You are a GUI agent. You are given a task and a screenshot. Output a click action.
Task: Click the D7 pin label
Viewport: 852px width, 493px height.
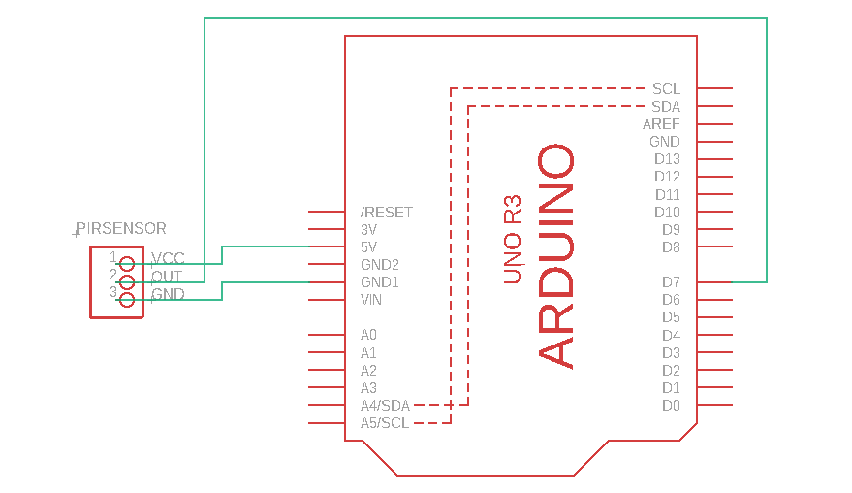coord(671,282)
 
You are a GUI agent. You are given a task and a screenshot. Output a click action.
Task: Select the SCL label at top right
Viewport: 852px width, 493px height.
coord(666,89)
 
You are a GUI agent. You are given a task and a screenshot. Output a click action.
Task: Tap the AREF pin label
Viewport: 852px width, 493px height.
coord(661,124)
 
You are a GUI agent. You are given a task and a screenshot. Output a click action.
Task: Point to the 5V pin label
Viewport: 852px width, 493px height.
coord(369,247)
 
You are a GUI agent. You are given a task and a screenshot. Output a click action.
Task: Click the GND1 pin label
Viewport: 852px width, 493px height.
coord(379,282)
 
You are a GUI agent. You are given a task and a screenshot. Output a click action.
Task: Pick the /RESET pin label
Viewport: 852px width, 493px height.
coord(386,213)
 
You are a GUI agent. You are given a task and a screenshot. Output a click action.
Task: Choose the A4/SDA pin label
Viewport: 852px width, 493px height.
coord(385,406)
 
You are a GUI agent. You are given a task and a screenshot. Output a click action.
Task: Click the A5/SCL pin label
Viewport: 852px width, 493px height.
coord(385,423)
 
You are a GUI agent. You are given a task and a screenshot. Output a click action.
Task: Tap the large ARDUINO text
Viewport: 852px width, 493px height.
coord(556,257)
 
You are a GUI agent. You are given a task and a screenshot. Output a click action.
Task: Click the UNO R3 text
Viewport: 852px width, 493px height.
coord(513,240)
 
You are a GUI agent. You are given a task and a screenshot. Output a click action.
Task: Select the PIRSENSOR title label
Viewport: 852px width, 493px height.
coord(121,229)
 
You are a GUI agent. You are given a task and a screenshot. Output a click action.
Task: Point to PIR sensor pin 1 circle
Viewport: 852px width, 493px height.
coord(126,263)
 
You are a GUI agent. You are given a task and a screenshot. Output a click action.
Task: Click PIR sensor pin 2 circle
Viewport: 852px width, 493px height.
coord(126,280)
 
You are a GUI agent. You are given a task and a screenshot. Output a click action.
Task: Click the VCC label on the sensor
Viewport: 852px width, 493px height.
coord(169,259)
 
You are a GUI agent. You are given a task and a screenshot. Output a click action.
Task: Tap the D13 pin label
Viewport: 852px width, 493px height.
coord(667,159)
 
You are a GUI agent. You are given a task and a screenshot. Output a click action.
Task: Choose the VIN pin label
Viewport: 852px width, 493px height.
coord(371,300)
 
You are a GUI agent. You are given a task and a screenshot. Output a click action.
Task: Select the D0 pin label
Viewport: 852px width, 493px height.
coord(671,406)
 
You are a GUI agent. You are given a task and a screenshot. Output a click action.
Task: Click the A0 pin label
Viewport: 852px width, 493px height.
coord(368,335)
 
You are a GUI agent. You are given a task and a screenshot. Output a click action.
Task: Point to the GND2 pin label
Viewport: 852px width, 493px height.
coord(379,265)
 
